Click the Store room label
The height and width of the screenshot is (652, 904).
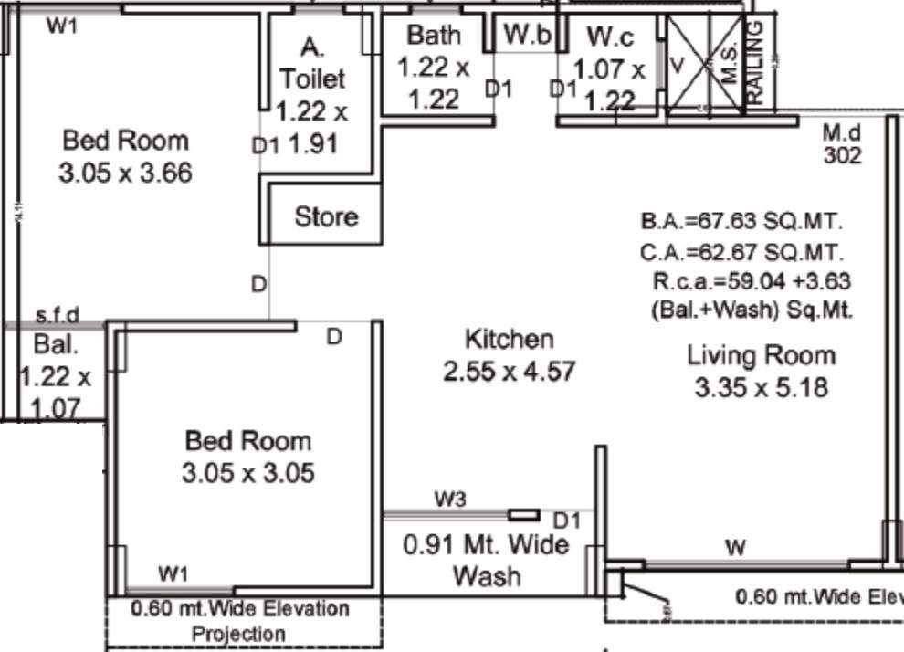[x=326, y=217]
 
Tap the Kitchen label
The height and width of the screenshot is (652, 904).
[x=509, y=340]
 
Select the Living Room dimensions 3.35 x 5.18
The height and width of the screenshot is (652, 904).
[x=761, y=388]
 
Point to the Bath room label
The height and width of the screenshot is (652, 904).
[x=434, y=36]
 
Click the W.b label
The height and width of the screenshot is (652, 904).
[x=529, y=36]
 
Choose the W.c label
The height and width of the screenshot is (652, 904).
[x=609, y=37]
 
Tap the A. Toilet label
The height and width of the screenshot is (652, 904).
[x=312, y=63]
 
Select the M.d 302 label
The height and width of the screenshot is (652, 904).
[x=842, y=143]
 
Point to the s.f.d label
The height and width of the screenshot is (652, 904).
[x=57, y=316]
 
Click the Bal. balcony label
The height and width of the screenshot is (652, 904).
[x=56, y=345]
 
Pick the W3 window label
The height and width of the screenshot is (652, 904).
[x=449, y=499]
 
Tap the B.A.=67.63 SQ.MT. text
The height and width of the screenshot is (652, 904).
[x=741, y=222]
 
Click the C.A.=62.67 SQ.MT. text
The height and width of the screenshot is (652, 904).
[x=741, y=252]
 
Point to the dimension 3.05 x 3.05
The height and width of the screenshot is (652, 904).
[x=248, y=473]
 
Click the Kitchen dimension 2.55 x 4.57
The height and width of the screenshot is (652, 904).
[x=509, y=372]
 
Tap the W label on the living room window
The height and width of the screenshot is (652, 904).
[x=735, y=548]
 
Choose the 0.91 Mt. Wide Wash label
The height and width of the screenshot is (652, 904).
[x=486, y=560]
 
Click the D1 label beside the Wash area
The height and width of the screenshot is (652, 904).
[x=567, y=521]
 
